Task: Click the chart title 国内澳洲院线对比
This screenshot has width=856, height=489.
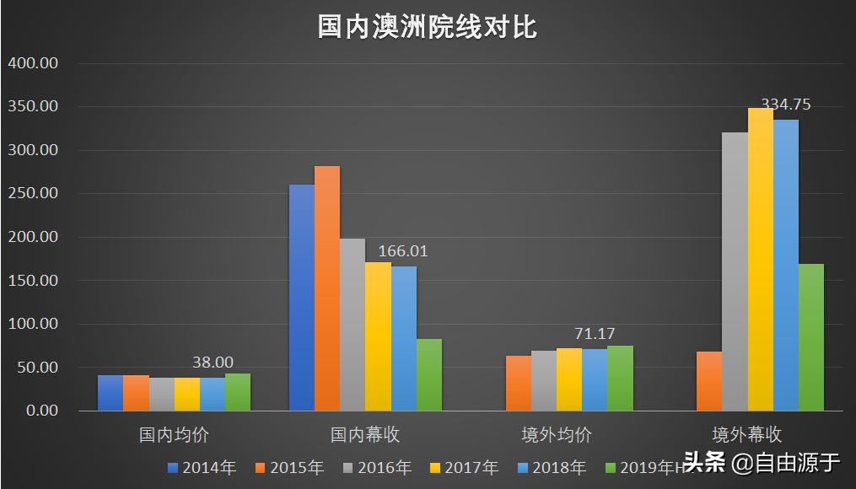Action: (x=427, y=27)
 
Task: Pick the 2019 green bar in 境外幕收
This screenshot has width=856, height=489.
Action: (x=810, y=337)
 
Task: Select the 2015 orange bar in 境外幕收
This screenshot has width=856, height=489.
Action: (x=709, y=381)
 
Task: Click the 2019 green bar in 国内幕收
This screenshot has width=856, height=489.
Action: (x=429, y=375)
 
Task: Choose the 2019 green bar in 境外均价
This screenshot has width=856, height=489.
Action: (x=620, y=379)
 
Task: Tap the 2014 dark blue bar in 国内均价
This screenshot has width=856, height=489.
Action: (x=110, y=393)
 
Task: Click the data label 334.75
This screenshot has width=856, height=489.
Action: (x=786, y=105)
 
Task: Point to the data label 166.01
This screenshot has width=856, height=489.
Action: (x=403, y=251)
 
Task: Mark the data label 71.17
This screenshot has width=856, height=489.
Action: (x=595, y=334)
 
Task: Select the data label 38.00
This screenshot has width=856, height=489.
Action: (x=213, y=362)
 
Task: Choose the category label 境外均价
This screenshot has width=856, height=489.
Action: (x=557, y=435)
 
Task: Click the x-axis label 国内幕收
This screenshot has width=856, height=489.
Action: (x=365, y=435)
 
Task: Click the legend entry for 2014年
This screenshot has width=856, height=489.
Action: (x=202, y=467)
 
